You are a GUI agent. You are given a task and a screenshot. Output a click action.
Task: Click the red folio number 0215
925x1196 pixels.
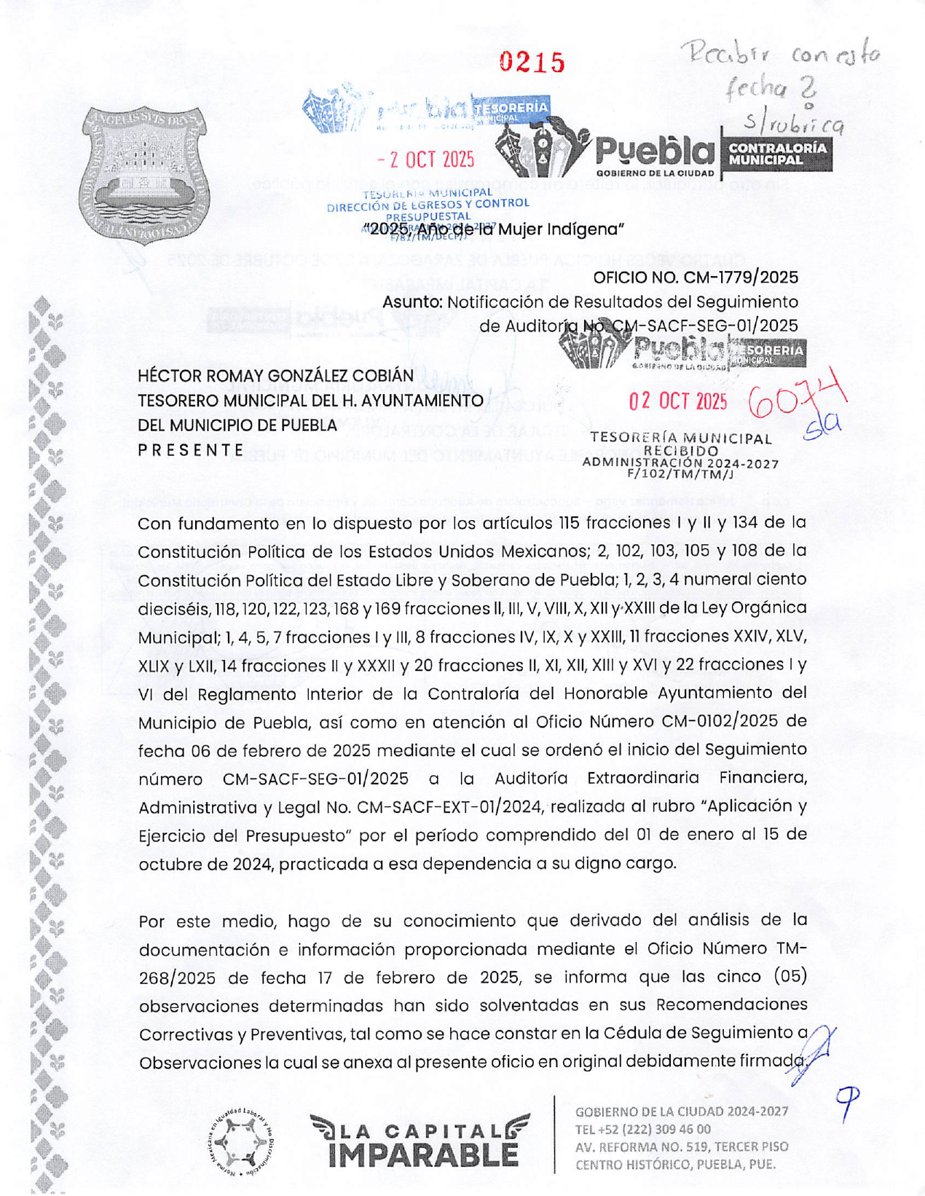click(532, 63)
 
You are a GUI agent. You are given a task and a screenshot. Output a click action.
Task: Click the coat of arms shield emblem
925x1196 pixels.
click(145, 173)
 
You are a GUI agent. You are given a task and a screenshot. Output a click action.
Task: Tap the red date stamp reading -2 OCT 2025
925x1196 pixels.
click(426, 160)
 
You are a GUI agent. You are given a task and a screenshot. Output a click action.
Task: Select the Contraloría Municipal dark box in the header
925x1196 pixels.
click(777, 153)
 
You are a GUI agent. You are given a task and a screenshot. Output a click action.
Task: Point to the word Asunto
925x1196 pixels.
click(412, 302)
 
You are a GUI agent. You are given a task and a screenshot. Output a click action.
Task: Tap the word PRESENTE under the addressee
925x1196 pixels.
click(191, 450)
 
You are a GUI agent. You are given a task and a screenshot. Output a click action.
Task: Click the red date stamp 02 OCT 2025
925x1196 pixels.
click(677, 401)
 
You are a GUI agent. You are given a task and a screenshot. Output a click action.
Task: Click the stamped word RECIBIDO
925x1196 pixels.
click(681, 451)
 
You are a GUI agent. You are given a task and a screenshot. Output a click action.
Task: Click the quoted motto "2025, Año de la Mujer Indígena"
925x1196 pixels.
click(493, 230)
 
